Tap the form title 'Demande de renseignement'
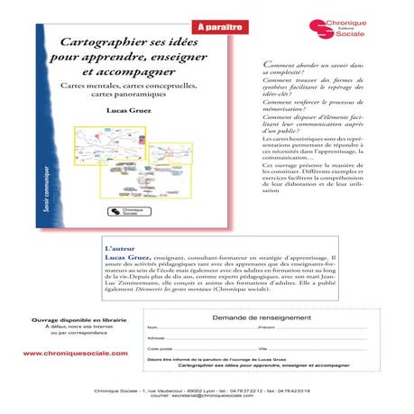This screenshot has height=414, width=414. coord(256,318)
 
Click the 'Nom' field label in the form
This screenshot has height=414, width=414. coord(152,327)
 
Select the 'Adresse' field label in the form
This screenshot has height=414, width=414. coord(155,337)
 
